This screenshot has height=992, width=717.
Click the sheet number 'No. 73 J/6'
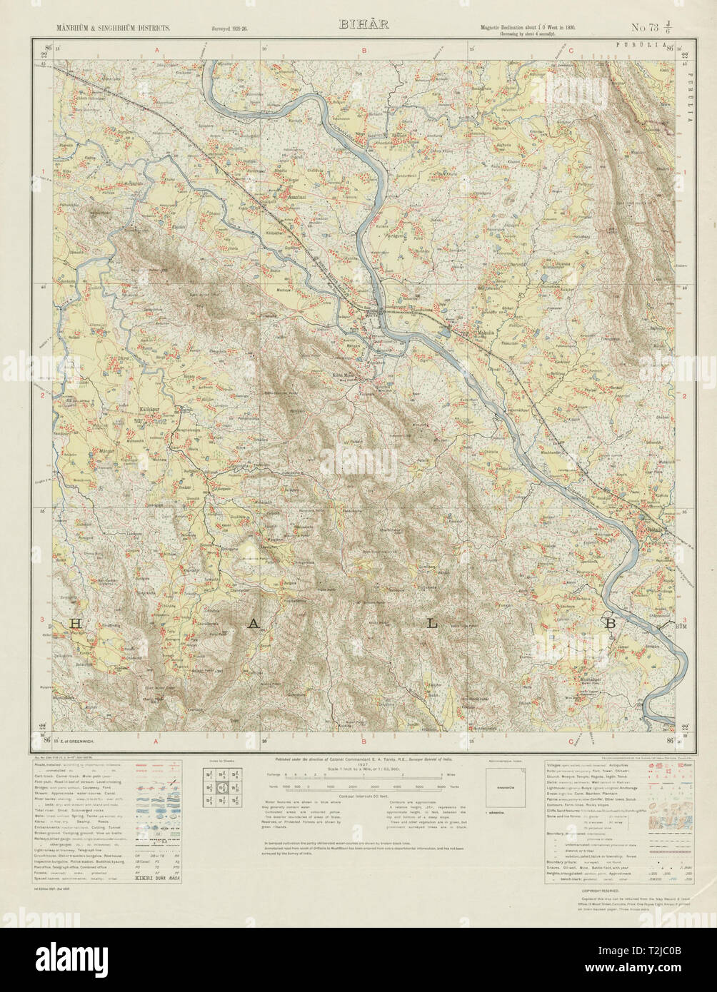pos(654,28)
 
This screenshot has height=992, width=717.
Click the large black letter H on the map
pos(74,624)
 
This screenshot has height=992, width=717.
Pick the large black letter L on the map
pos(431,623)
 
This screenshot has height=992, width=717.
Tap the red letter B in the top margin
pos(363,50)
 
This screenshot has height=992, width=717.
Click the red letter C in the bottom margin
pos(571,741)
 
